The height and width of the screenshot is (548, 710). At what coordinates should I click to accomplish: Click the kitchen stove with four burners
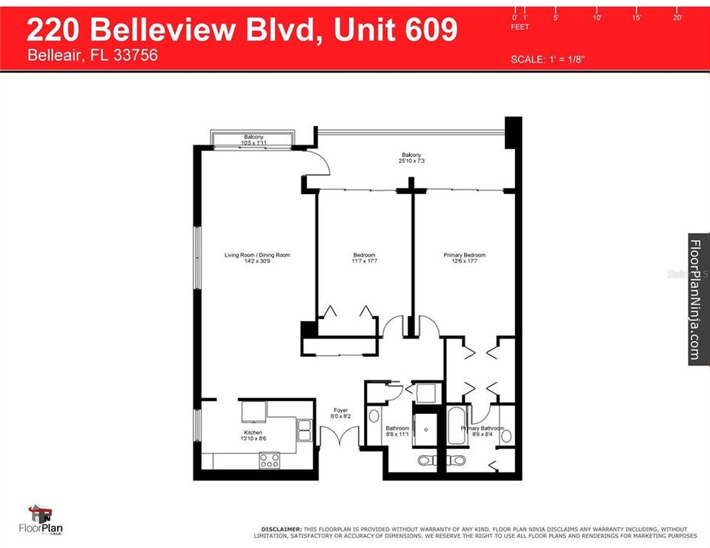tap(270, 460)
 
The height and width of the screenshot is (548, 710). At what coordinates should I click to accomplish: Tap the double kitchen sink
tap(304, 431)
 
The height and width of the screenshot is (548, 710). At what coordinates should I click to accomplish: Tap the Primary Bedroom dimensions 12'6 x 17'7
tap(464, 262)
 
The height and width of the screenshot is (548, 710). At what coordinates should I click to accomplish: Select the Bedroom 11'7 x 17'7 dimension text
tap(364, 262)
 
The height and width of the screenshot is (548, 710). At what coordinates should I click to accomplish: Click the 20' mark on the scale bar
tap(677, 17)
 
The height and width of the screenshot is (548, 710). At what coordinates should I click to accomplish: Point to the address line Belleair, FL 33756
tap(92, 56)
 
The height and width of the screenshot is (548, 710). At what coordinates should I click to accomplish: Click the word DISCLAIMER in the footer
tap(280, 528)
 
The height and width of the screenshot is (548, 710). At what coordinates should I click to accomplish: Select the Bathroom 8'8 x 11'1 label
tap(397, 432)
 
